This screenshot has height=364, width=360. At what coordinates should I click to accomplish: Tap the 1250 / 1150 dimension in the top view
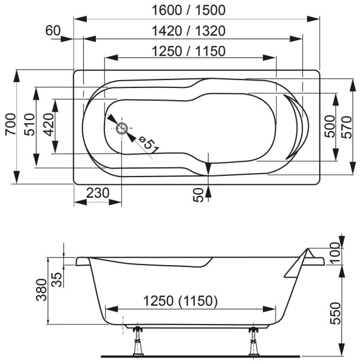point(189,51)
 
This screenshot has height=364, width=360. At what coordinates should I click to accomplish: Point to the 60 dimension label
point(53,30)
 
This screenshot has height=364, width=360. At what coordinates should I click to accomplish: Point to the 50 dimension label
point(199,194)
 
